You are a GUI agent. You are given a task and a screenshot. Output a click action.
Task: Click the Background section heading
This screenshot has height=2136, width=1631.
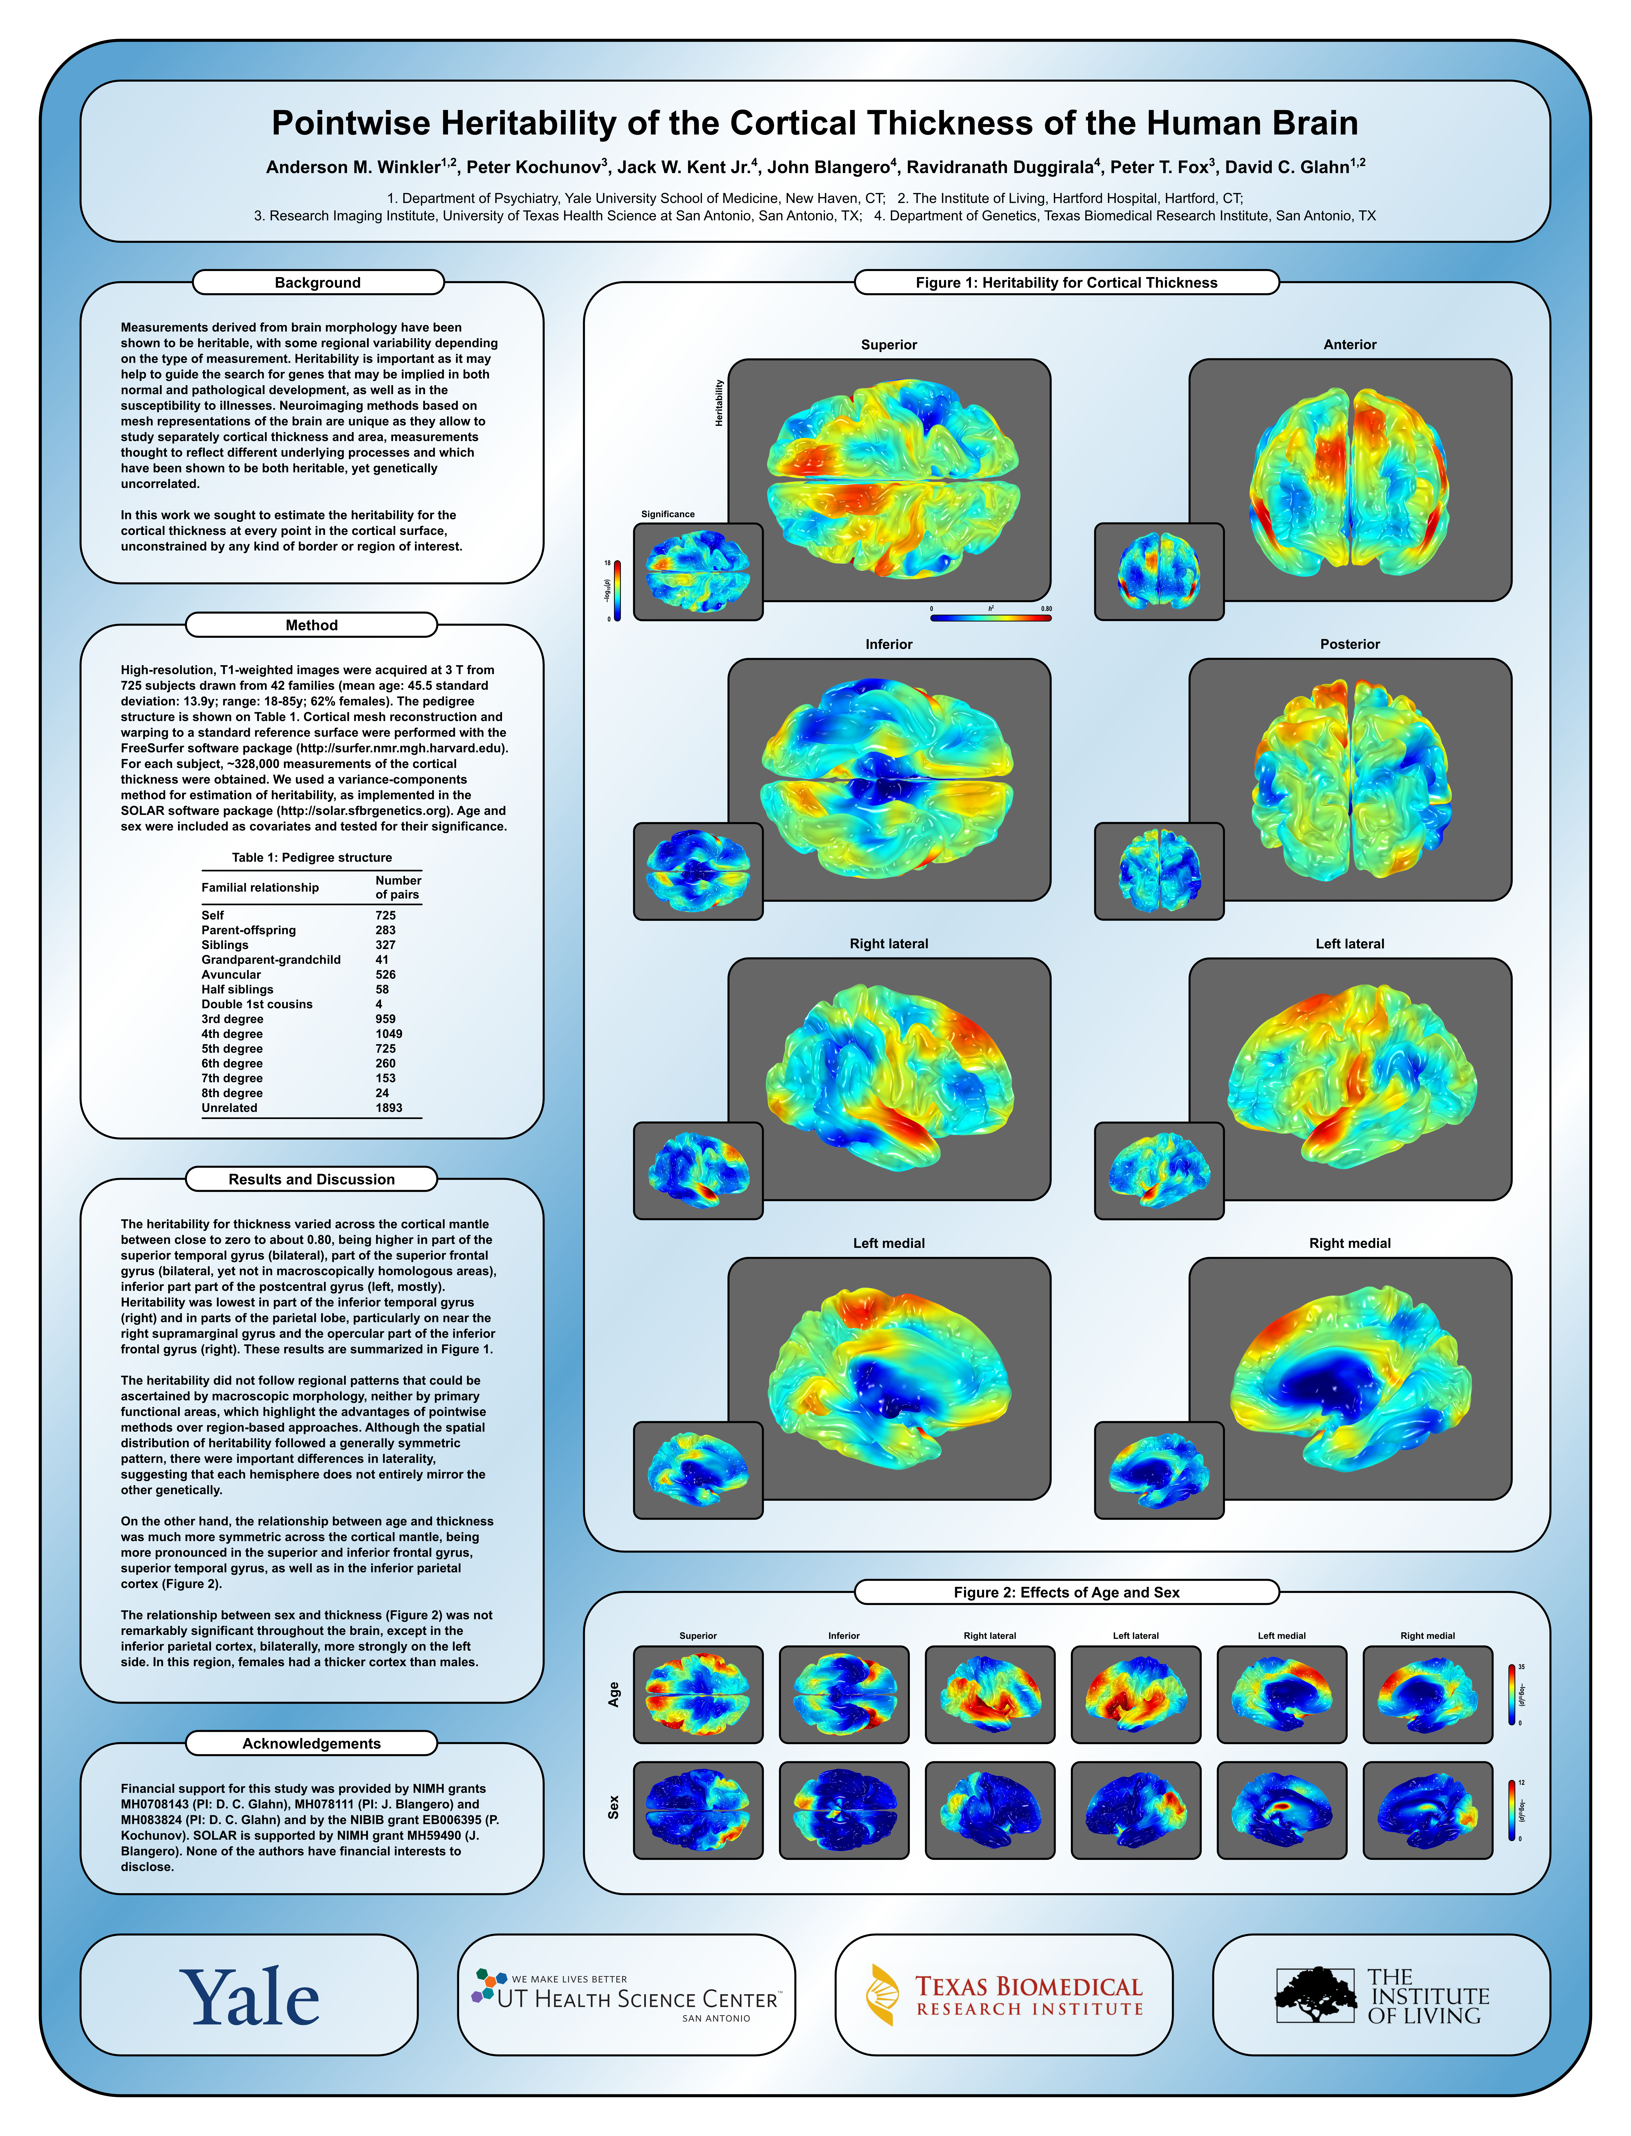317,283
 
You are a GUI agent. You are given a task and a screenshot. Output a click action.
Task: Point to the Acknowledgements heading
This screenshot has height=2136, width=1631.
312,1744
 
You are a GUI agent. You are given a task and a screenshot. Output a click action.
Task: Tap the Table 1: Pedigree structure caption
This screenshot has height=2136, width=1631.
312,858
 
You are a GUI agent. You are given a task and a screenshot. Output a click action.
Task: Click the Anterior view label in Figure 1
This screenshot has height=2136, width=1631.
1349,345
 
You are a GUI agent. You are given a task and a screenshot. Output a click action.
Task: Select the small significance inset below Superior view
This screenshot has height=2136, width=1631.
698,572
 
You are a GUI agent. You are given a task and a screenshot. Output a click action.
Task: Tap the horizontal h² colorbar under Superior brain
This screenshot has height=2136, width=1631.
990,618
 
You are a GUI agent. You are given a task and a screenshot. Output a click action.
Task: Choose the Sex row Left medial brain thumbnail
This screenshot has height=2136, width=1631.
1281,1811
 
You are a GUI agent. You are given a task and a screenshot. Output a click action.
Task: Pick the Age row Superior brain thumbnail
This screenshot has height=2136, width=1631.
698,1695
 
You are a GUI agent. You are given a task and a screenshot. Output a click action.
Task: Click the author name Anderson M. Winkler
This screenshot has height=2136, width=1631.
352,167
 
